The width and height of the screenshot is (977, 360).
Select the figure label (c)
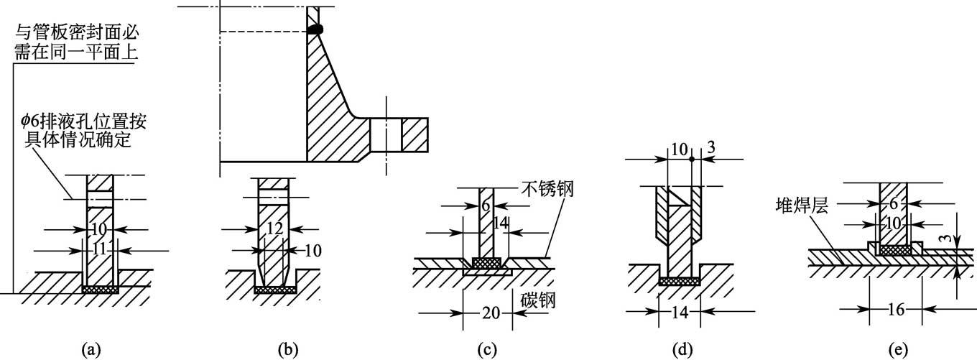[488, 350]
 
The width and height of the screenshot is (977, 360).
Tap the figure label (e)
[898, 350]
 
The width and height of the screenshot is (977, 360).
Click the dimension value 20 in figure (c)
[468, 313]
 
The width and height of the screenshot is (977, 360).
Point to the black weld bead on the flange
[315, 29]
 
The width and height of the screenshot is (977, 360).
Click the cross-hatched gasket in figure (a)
[100, 289]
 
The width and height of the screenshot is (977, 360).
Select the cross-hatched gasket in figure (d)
[680, 281]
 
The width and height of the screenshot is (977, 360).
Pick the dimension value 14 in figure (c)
[500, 224]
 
